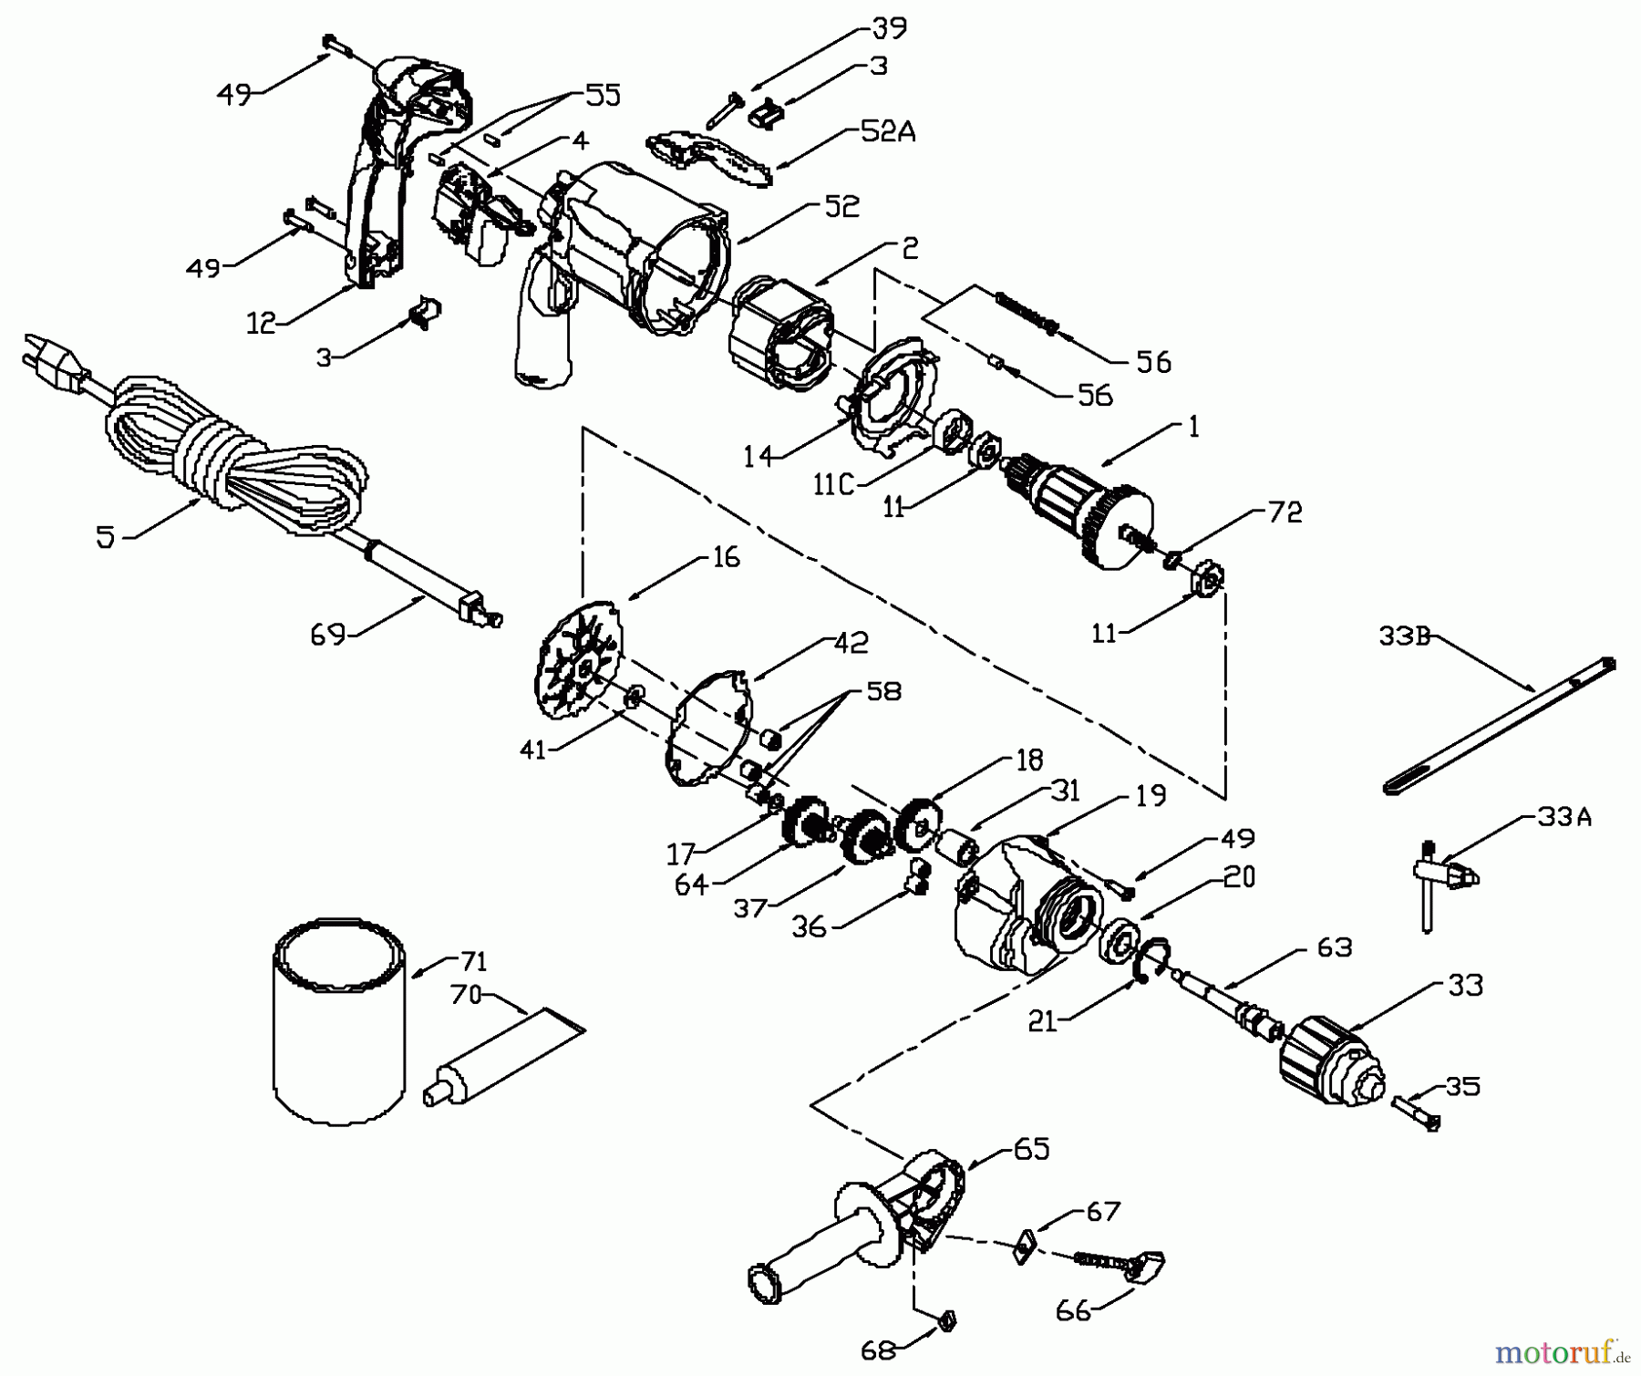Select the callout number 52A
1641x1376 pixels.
pos(887,133)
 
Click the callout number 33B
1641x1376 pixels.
pos(1403,636)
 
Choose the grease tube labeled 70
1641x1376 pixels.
pos(501,1056)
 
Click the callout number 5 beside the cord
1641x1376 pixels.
pos(106,538)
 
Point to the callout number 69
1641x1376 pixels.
pos(328,635)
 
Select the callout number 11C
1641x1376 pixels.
pos(833,485)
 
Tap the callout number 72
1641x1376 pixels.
pos(1285,512)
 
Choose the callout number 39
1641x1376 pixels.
pos(889,28)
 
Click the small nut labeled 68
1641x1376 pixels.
pos(945,1319)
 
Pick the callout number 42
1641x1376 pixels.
pos(851,643)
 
